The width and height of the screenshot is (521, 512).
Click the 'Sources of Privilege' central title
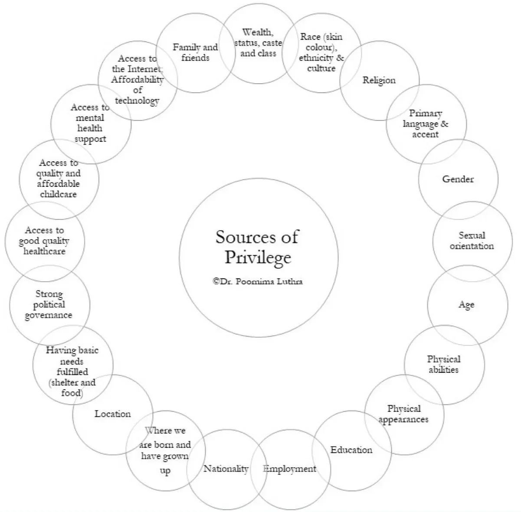point(258,247)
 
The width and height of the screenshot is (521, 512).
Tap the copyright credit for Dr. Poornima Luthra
point(258,281)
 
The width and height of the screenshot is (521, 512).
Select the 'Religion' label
point(379,80)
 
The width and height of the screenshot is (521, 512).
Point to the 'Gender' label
point(458,179)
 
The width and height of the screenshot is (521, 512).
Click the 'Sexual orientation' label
point(472,241)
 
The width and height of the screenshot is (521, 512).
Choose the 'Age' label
point(466,305)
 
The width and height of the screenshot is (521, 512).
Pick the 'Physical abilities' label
point(443,364)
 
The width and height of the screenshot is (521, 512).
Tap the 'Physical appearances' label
point(403,414)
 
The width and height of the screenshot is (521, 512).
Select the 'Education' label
point(351,450)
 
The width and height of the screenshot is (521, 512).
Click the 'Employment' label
point(289,469)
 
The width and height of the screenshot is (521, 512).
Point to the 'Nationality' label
point(226,469)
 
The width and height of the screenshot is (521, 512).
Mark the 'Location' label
point(113,414)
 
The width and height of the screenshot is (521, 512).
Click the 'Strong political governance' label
point(49,305)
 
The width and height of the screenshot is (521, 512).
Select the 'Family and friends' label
point(195,52)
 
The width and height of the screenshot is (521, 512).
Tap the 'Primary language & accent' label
point(426,124)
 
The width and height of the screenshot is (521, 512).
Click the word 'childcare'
point(58,194)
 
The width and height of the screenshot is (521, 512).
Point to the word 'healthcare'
point(44,251)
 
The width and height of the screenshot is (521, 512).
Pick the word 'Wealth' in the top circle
point(257,32)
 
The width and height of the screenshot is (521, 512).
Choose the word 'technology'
point(137,101)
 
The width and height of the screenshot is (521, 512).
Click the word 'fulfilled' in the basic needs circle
point(72,372)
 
